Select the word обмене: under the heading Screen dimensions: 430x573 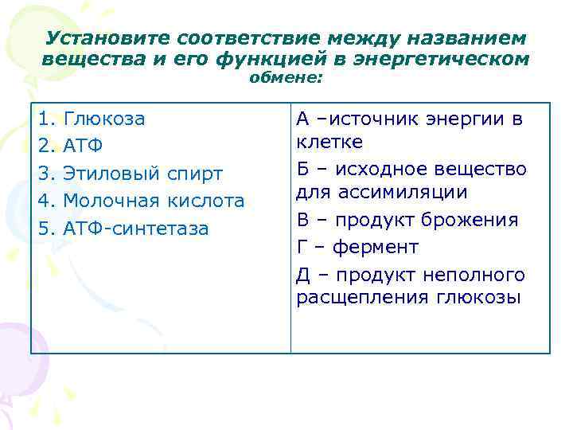coord(286,77)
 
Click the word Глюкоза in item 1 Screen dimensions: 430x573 coord(104,119)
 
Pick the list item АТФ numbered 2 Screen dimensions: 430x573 coord(84,147)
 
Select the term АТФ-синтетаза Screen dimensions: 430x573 coord(136,229)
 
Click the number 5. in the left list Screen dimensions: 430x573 coord(45,229)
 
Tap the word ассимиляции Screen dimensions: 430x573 coord(394,192)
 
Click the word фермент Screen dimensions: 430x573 coord(375,248)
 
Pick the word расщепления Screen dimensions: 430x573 coord(362,298)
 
